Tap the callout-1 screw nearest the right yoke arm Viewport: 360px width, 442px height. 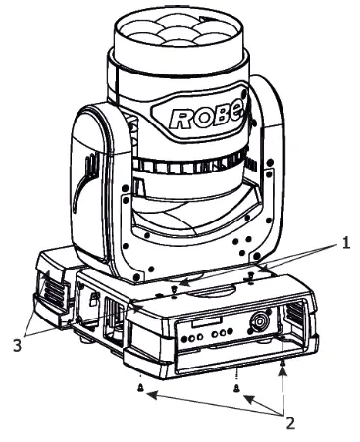(x=252, y=278)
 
